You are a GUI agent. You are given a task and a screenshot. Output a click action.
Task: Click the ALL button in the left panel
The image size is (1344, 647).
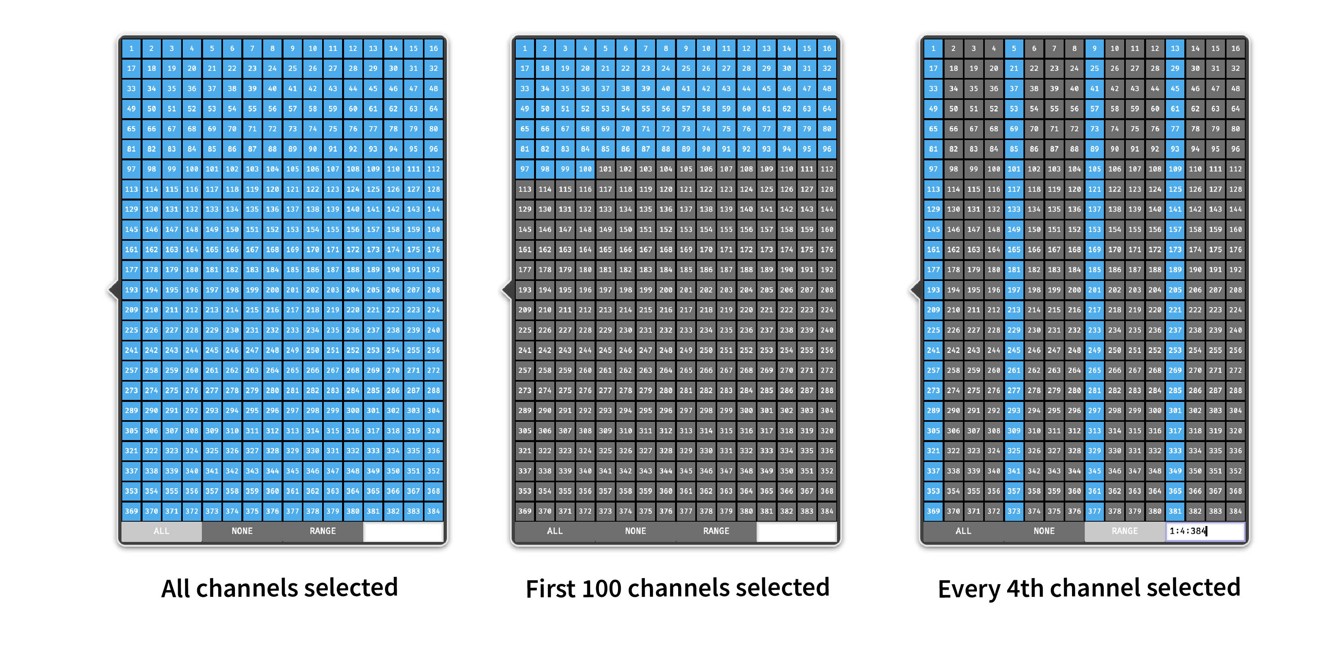click(161, 531)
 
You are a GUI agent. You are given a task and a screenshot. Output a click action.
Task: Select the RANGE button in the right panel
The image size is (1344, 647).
click(1124, 531)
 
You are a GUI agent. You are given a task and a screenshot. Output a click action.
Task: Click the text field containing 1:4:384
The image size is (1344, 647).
click(1205, 531)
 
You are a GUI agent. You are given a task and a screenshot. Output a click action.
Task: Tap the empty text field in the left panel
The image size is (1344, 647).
click(403, 531)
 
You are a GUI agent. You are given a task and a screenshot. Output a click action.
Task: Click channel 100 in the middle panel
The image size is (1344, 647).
click(585, 169)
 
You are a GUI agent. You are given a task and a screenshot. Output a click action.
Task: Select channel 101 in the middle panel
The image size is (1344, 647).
click(605, 169)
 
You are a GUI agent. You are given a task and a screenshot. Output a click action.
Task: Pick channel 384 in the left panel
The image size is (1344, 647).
click(434, 511)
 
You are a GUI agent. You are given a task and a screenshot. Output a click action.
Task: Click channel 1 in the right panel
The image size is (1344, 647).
click(933, 49)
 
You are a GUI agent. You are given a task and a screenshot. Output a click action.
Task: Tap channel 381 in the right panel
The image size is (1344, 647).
click(1175, 511)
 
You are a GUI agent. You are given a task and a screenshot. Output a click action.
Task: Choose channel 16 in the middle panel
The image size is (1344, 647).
click(827, 49)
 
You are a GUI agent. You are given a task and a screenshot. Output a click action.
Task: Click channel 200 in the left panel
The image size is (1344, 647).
click(272, 290)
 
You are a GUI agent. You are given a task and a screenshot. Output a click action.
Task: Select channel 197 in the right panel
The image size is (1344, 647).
click(1014, 290)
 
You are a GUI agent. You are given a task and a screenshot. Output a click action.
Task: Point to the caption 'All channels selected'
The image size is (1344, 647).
click(280, 588)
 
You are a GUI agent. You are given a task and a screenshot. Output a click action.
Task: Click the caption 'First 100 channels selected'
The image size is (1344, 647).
click(677, 588)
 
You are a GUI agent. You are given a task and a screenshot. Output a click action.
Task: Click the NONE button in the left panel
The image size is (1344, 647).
click(242, 531)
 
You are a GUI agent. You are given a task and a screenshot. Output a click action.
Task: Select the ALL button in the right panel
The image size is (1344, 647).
click(963, 531)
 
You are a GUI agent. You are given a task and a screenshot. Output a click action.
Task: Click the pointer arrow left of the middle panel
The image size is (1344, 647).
click(507, 290)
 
